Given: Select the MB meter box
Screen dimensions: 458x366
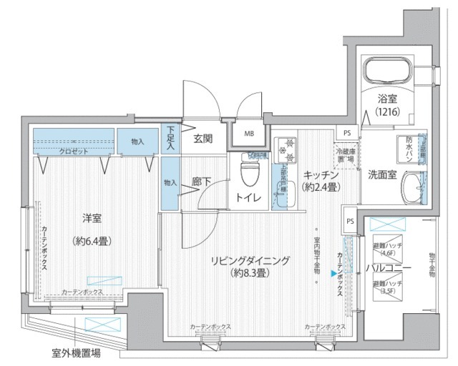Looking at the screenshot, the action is point(248,133).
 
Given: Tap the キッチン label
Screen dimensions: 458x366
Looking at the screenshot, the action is point(321,174).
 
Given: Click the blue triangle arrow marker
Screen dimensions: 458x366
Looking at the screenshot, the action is point(333,272).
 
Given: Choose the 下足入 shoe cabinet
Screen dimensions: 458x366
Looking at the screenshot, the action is point(170,138).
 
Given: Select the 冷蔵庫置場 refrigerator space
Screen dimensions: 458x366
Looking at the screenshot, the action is point(346,154).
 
